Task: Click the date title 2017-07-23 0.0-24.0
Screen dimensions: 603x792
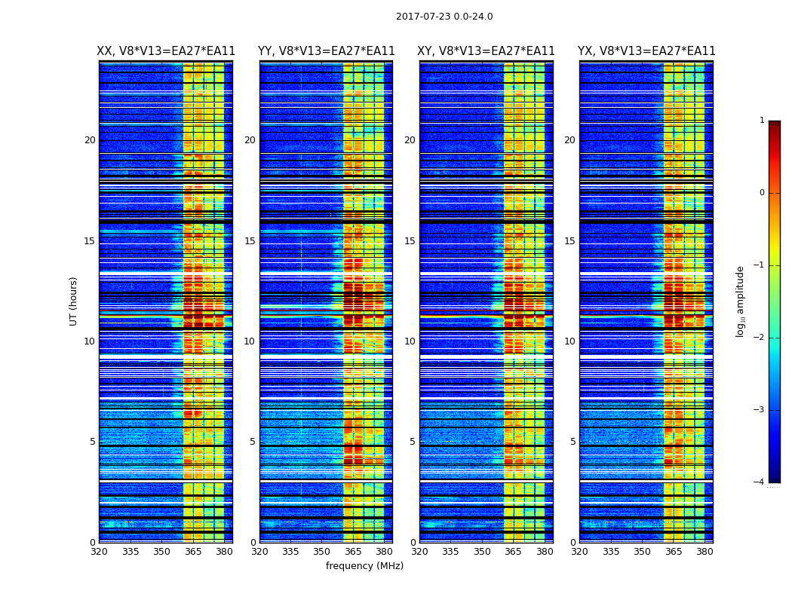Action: point(444,17)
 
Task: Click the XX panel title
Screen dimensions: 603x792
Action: point(166,51)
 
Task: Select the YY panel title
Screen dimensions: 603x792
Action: point(326,51)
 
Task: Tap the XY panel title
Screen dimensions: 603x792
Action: point(486,51)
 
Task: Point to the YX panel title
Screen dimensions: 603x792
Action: point(646,51)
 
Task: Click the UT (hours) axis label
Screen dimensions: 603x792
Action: point(74,301)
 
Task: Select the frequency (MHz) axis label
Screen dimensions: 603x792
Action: point(364,566)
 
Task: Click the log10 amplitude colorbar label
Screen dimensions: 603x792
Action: point(741,301)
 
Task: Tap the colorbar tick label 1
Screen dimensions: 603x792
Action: point(762,121)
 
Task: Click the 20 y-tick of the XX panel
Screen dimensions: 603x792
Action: point(90,140)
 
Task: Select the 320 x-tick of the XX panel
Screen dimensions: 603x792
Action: point(99,552)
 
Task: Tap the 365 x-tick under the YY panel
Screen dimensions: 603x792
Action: point(353,552)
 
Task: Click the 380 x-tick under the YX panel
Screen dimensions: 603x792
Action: point(705,552)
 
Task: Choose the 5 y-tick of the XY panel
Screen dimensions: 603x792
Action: point(413,442)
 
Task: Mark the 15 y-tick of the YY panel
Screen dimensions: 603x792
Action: point(250,241)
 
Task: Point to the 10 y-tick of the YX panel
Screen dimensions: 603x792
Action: point(570,341)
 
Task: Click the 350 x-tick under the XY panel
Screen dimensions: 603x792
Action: point(482,552)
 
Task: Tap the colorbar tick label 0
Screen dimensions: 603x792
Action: point(762,193)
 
